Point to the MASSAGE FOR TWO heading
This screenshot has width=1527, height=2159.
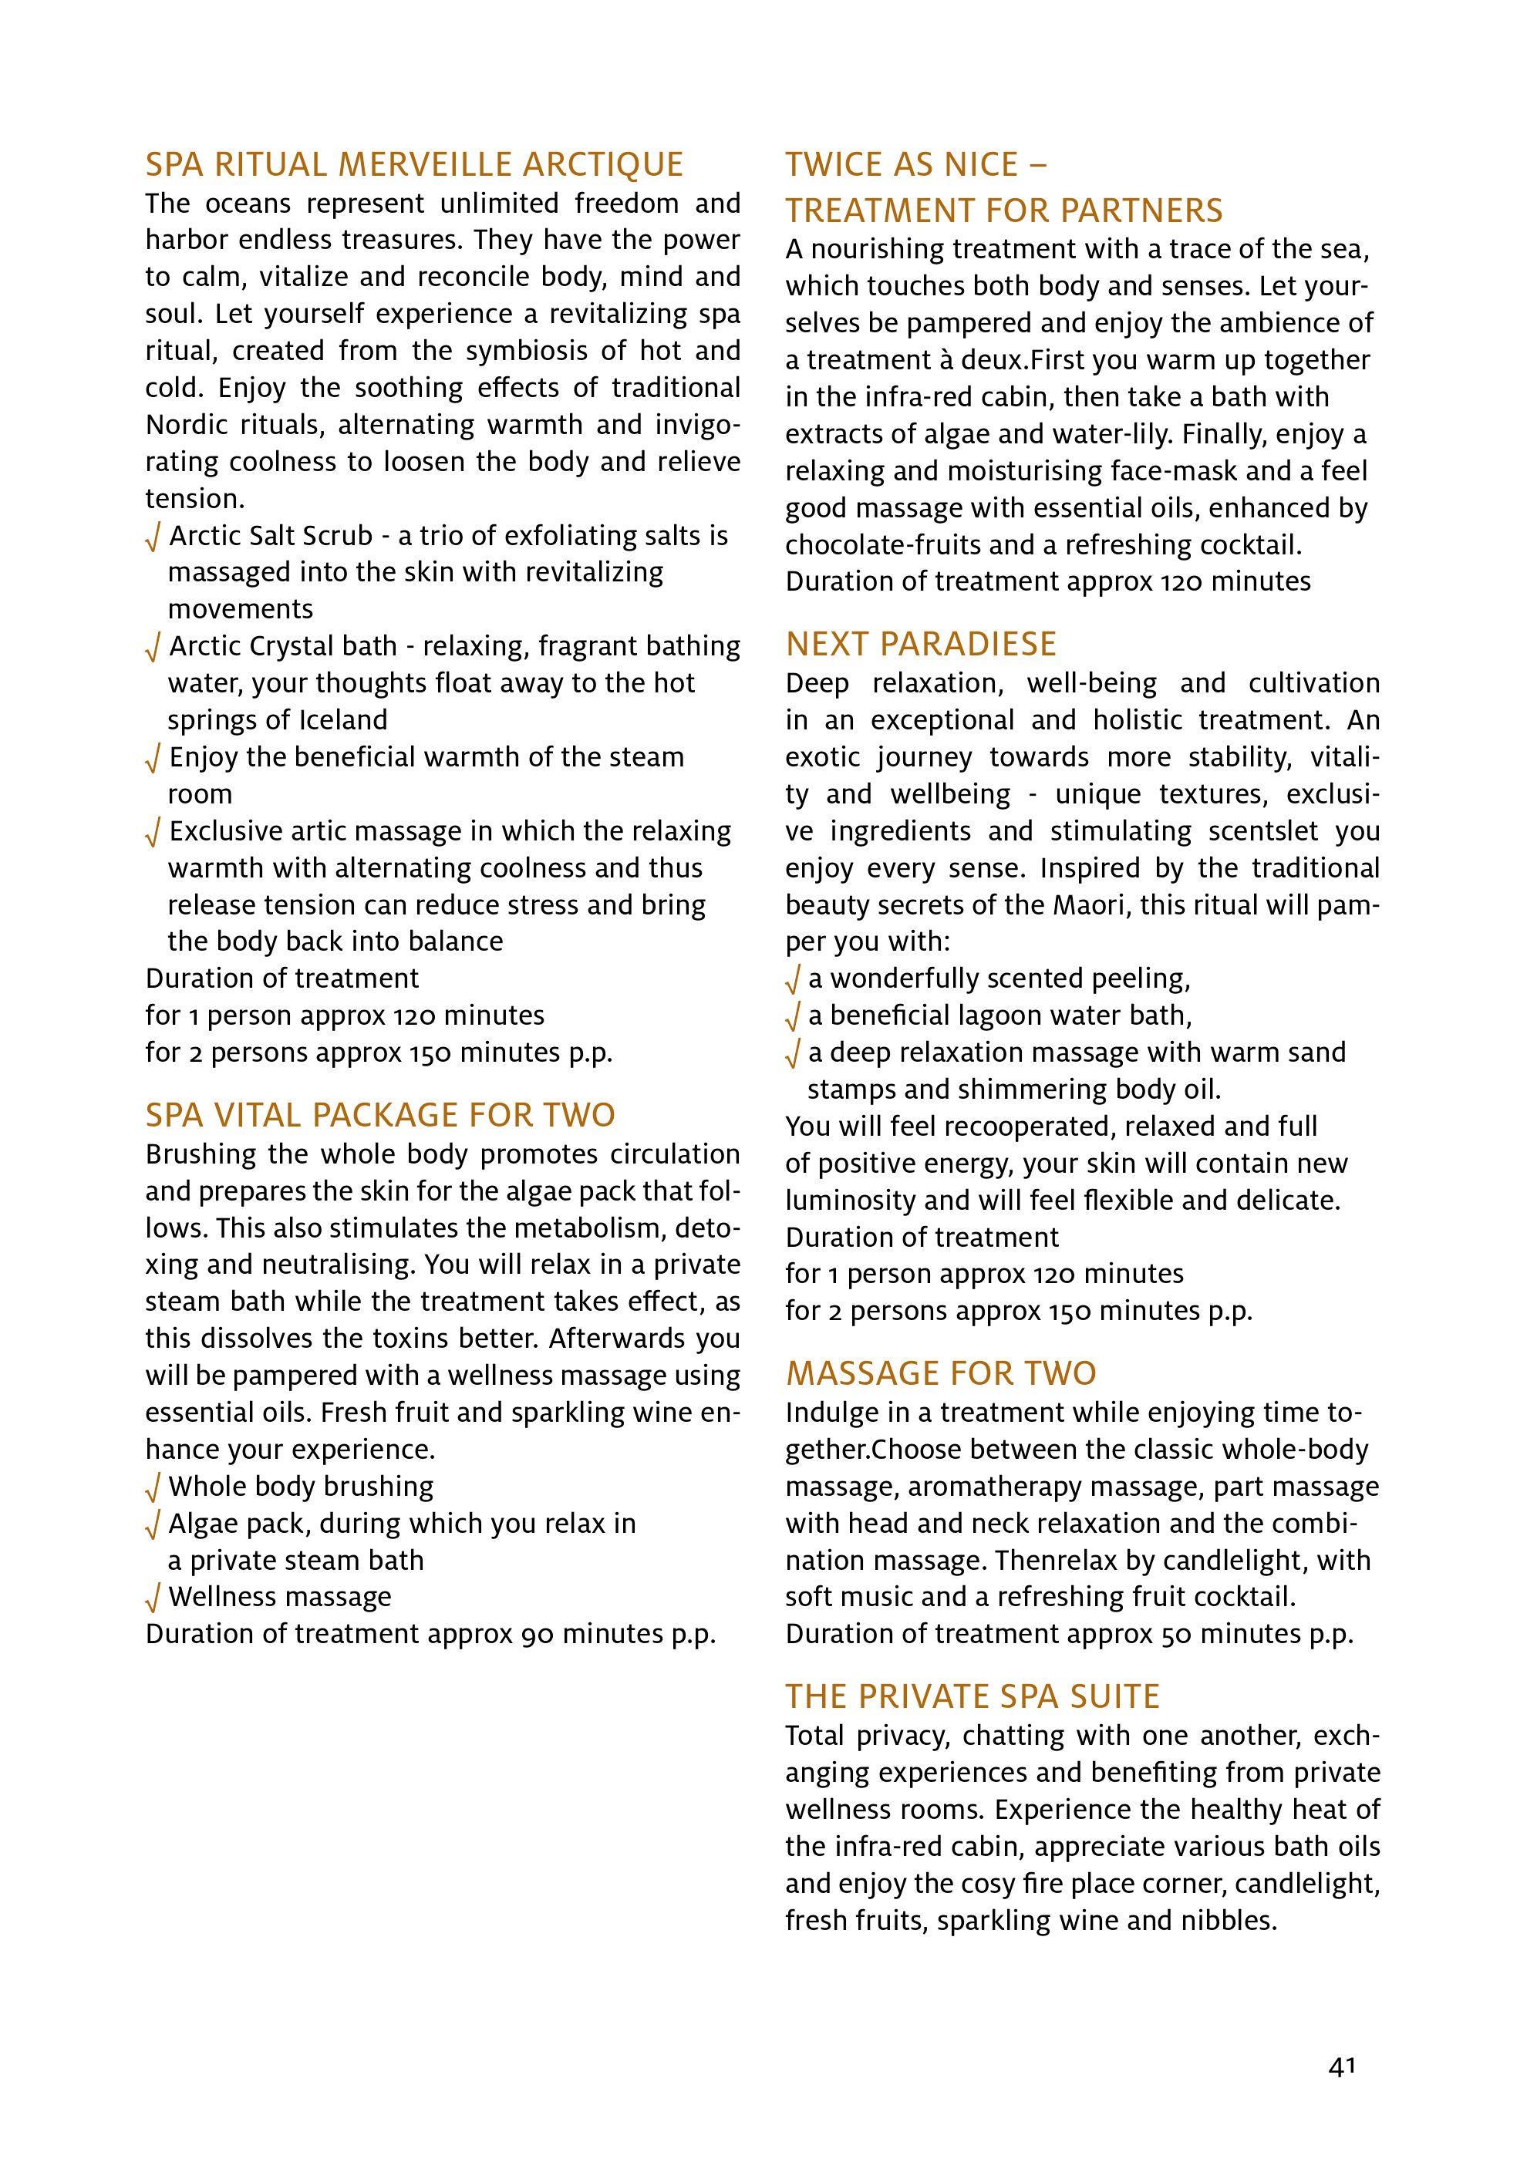[940, 1374]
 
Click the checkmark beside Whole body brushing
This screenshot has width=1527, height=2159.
[153, 1488]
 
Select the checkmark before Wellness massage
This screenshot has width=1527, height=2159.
[153, 1598]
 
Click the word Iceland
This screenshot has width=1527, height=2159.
[343, 720]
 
